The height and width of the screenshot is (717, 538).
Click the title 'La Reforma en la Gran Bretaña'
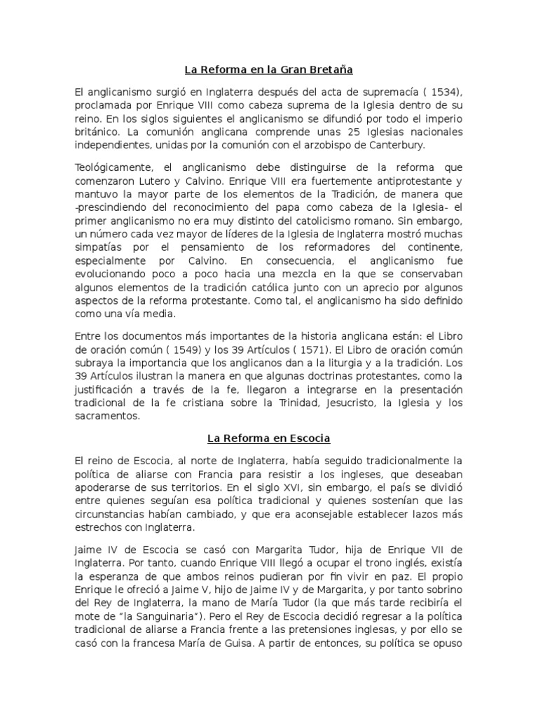click(x=268, y=70)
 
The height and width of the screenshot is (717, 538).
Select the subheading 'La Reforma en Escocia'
click(x=268, y=439)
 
